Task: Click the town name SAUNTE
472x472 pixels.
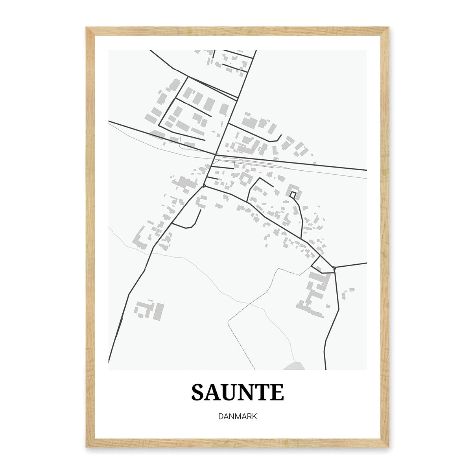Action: (238, 392)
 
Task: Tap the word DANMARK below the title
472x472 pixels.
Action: (238, 416)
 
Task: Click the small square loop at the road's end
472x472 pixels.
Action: (293, 195)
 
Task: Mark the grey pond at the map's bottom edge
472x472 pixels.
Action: (294, 367)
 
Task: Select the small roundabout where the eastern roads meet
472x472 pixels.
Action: (334, 268)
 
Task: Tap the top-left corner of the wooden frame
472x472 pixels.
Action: (87, 28)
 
